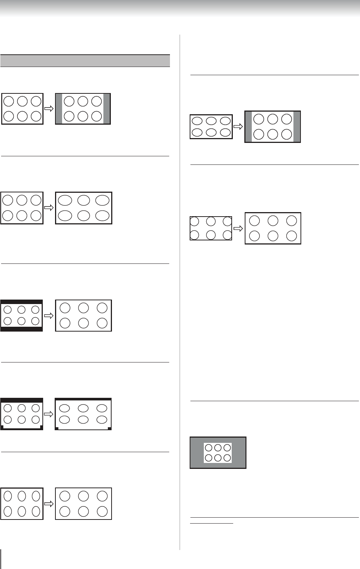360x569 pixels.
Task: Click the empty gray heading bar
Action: (85, 61)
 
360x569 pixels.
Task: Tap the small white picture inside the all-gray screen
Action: (218, 453)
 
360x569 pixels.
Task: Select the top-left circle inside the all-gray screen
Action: (209, 448)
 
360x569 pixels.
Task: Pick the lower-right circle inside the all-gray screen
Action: (227, 458)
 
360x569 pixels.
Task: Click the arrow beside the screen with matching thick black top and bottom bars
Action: (49, 316)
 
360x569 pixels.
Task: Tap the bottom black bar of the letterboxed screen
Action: (22, 329)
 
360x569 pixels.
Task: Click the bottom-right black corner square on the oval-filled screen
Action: (109, 428)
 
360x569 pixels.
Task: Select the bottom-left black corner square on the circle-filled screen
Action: (3, 428)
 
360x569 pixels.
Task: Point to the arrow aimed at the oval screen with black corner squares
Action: (49, 414)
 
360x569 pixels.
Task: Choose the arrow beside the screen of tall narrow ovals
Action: (49, 504)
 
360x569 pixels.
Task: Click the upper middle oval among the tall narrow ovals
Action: (22, 496)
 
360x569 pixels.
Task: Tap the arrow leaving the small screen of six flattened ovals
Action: (238, 127)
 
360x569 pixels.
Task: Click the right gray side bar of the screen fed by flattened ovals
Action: (296, 127)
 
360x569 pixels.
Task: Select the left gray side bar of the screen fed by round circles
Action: (59, 109)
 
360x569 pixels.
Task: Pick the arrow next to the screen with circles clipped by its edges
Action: (238, 228)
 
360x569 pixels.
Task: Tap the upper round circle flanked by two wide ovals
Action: (83, 200)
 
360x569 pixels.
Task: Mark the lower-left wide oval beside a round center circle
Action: (65, 215)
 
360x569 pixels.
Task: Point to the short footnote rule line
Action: (212, 523)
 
